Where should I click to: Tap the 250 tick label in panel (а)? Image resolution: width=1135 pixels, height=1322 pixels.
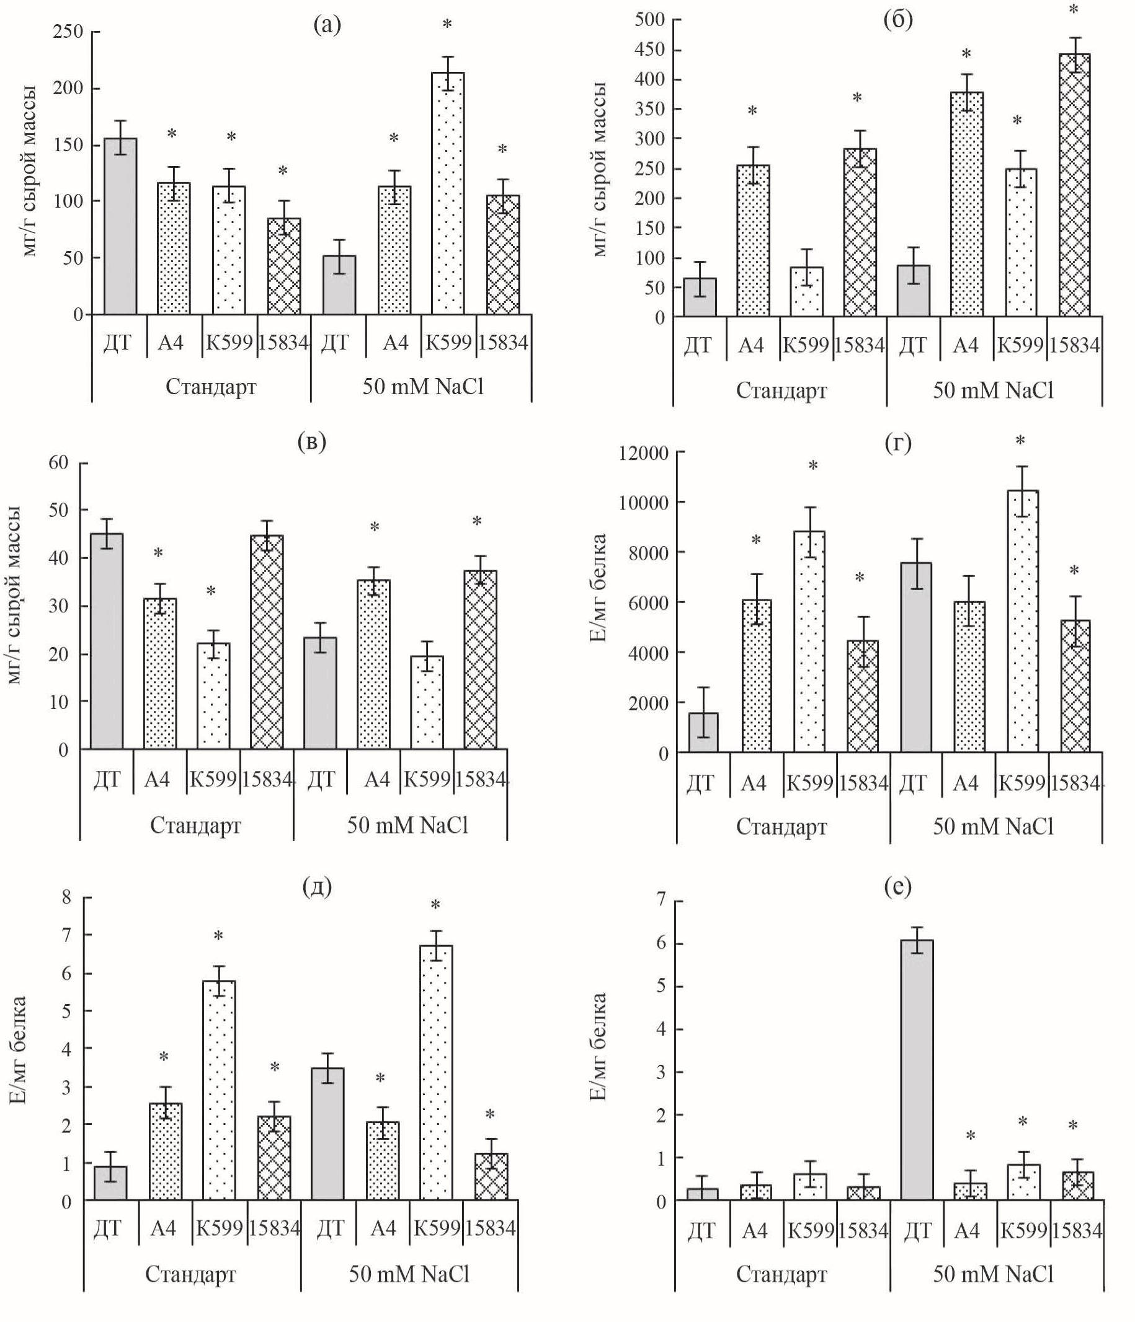(x=68, y=31)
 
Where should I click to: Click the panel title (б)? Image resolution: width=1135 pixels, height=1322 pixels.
(x=897, y=20)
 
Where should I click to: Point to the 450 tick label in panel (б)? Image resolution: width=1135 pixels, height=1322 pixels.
(x=649, y=50)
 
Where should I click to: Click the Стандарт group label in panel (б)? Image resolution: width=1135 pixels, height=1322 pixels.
(x=781, y=390)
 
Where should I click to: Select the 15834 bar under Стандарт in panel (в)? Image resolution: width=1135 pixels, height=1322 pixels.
(x=267, y=642)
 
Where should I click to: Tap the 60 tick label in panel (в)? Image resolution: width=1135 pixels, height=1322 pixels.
(x=58, y=462)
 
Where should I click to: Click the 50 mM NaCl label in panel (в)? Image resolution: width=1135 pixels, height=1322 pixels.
(x=407, y=825)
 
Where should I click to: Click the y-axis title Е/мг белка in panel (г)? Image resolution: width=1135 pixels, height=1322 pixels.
(x=598, y=588)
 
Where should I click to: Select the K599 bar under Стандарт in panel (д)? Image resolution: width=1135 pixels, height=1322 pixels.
(x=219, y=1090)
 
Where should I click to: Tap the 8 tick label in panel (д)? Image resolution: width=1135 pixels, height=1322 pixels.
(x=67, y=897)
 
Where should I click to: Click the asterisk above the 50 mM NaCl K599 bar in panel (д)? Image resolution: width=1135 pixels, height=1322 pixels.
(x=435, y=906)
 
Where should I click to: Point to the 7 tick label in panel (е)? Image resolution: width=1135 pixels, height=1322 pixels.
(x=661, y=901)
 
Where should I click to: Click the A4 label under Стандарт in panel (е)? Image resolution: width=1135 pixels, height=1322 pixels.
(x=755, y=1230)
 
